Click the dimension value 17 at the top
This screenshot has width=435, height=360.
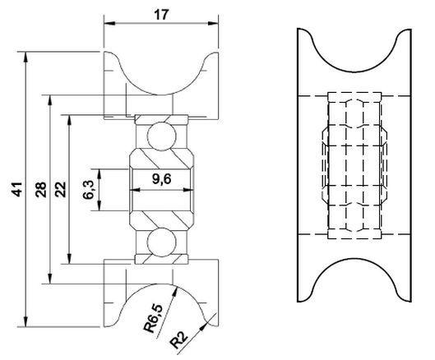(161, 15)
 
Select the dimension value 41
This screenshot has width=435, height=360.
(17, 189)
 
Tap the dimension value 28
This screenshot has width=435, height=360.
(41, 189)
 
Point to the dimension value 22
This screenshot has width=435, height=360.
(61, 189)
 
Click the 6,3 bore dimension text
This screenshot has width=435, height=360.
(89, 189)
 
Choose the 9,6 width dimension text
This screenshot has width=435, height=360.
(162, 179)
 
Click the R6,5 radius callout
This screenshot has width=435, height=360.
(155, 318)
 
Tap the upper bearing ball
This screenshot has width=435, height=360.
(162, 136)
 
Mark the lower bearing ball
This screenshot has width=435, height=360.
(162, 242)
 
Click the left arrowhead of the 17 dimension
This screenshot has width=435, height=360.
(109, 24)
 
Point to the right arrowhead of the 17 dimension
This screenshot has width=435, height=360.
(213, 24)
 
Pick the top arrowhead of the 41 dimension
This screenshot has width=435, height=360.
(25, 58)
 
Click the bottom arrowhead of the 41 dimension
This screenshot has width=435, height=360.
(25, 321)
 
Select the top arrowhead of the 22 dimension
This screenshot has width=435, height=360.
(70, 120)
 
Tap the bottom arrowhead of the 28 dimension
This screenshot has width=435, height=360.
(50, 278)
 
